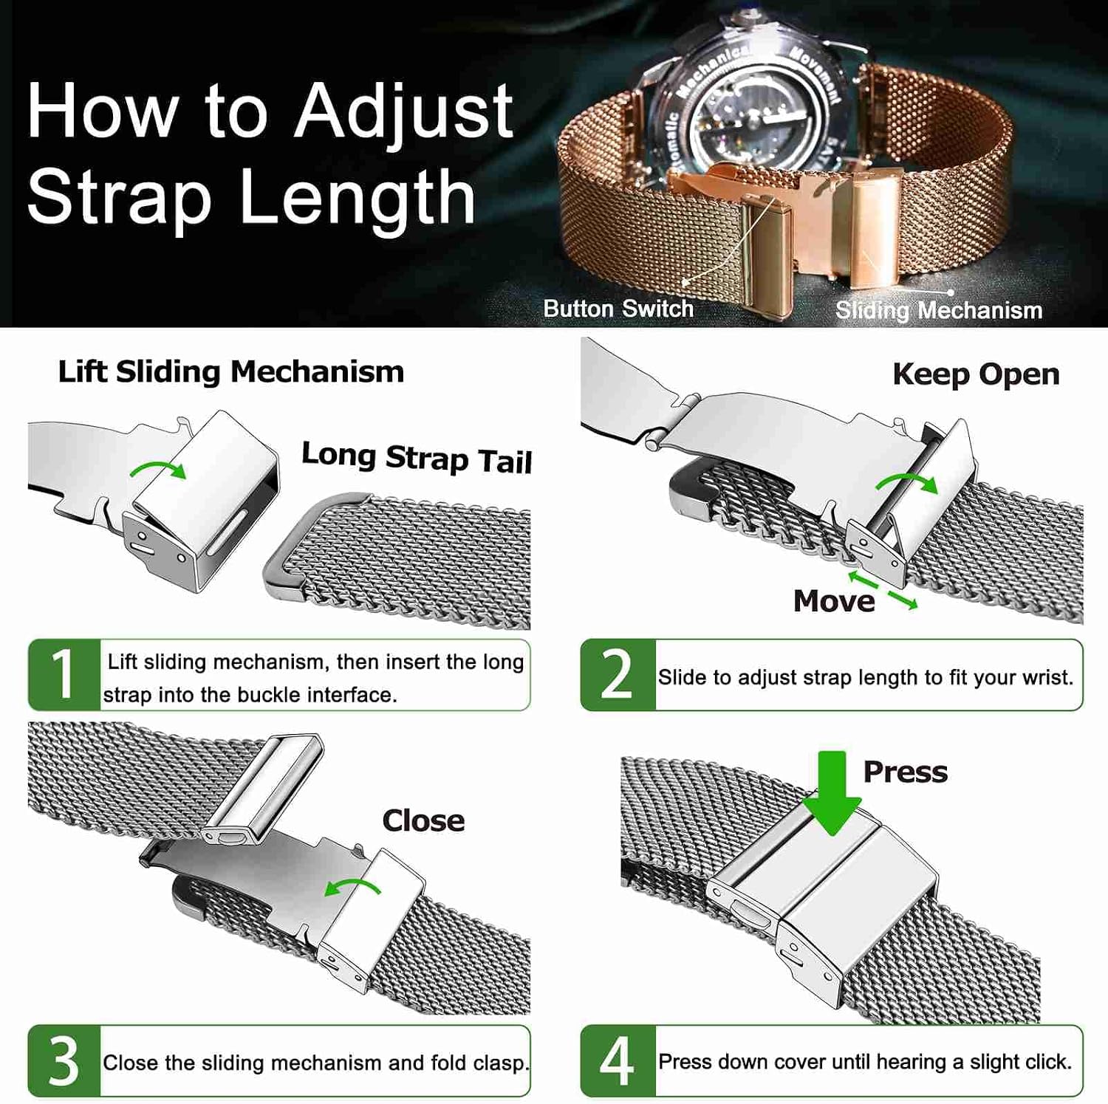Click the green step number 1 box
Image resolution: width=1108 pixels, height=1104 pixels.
(64, 675)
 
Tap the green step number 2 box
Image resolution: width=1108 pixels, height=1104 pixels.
(618, 675)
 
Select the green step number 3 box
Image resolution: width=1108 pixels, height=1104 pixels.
(64, 1060)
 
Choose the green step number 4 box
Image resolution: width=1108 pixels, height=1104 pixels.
(618, 1060)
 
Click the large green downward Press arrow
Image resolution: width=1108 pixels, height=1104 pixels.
(832, 793)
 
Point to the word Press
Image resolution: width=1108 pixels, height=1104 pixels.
(906, 772)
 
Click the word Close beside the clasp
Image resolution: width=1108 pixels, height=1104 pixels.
(423, 820)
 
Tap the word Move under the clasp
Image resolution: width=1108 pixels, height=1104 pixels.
(834, 601)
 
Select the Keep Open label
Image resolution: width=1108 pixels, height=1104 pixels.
(976, 374)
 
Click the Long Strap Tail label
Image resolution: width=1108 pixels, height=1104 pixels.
(417, 458)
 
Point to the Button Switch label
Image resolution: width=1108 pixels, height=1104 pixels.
(618, 309)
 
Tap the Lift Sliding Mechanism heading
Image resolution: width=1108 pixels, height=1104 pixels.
(231, 371)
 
